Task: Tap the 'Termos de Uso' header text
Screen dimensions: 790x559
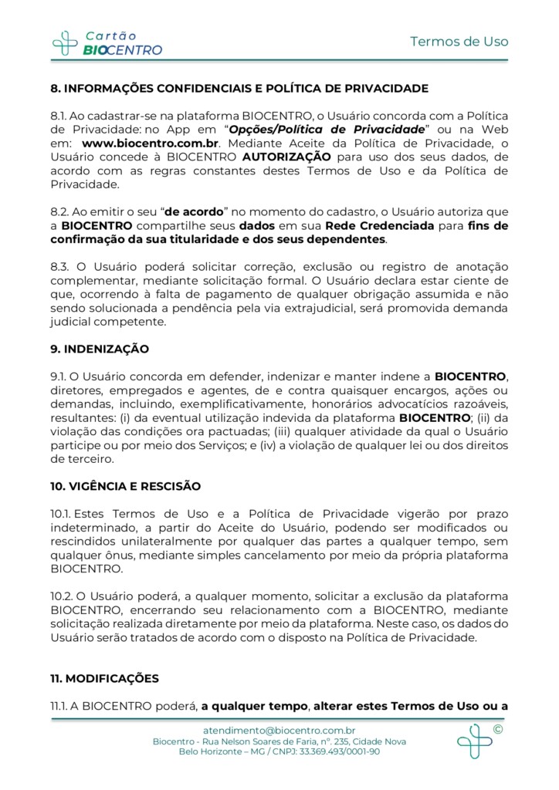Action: [x=459, y=42]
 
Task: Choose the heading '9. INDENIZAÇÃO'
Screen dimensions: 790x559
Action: [x=100, y=349]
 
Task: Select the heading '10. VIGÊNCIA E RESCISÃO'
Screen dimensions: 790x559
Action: [x=125, y=486]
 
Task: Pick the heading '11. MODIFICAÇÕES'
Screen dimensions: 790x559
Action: [x=104, y=678]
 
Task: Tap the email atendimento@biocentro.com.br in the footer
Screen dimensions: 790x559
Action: [x=279, y=730]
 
